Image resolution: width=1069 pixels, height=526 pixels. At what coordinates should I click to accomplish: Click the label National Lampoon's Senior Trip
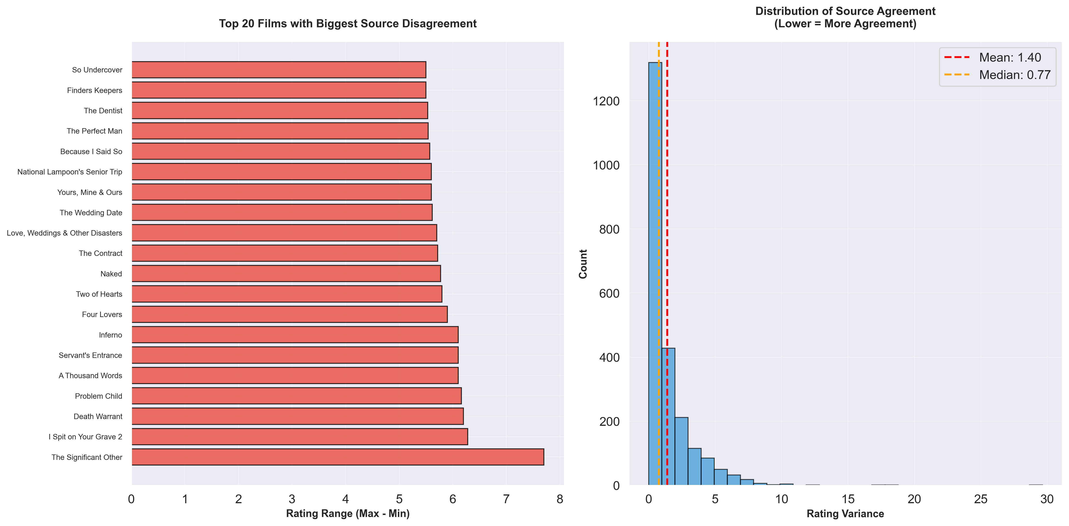[70, 171]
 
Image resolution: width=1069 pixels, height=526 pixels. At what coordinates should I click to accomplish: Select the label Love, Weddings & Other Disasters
[64, 233]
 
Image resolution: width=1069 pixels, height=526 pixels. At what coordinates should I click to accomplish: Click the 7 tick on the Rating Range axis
[506, 499]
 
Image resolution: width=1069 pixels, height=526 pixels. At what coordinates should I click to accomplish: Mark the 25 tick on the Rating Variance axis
[981, 499]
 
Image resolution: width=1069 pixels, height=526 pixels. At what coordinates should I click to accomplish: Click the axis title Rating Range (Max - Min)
[348, 514]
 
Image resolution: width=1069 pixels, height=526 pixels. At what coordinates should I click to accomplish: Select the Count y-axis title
[583, 264]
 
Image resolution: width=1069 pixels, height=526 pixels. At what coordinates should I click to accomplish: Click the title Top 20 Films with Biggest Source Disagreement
[348, 24]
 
